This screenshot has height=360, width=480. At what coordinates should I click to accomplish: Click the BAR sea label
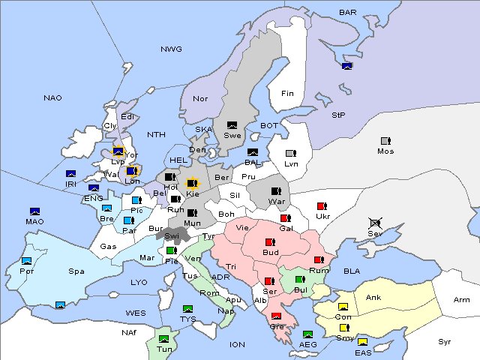(348, 12)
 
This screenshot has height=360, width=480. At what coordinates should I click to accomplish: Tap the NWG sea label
(171, 49)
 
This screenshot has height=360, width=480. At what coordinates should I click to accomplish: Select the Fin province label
(287, 93)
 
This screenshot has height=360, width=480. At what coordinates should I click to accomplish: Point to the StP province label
(338, 115)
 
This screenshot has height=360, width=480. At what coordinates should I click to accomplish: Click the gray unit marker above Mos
(385, 141)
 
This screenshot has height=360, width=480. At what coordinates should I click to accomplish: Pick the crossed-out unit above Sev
(375, 223)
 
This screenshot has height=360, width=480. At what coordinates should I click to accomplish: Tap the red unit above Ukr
(322, 206)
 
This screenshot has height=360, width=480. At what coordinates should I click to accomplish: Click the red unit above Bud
(270, 242)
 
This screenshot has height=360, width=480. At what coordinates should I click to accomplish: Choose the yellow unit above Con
(343, 306)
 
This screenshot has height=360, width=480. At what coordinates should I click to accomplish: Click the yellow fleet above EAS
(363, 342)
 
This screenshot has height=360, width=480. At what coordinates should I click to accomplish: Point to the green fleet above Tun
(164, 339)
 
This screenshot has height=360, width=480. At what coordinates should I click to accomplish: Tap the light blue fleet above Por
(27, 261)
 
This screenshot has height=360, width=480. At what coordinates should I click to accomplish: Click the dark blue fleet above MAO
(34, 211)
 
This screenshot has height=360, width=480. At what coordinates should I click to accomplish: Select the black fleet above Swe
(232, 125)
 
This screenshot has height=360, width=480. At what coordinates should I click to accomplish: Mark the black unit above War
(276, 190)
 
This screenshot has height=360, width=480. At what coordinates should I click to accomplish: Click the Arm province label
(462, 300)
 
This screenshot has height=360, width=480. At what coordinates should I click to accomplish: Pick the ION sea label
(237, 344)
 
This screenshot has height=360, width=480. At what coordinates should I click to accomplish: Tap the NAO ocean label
(52, 97)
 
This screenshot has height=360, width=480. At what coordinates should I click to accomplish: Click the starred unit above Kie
(193, 182)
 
